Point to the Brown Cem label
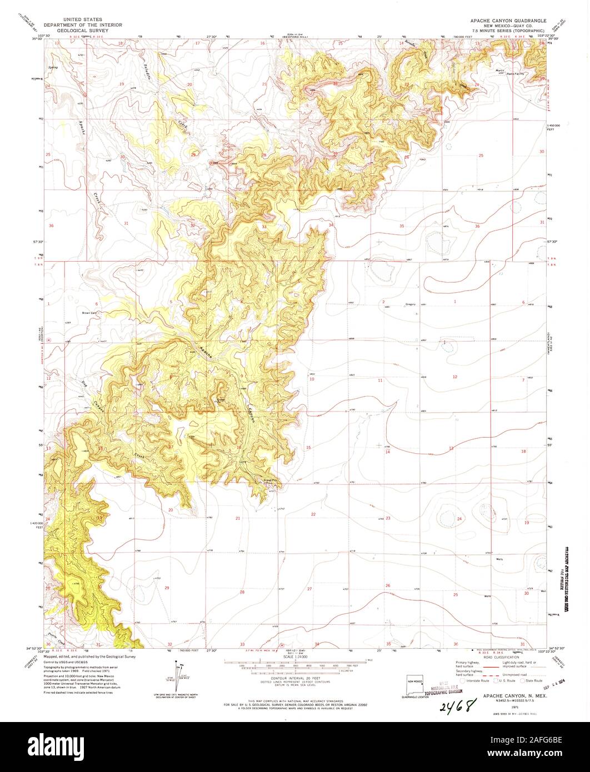[89, 313]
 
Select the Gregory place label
[411, 304]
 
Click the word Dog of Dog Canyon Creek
[84, 382]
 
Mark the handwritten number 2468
[459, 706]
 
